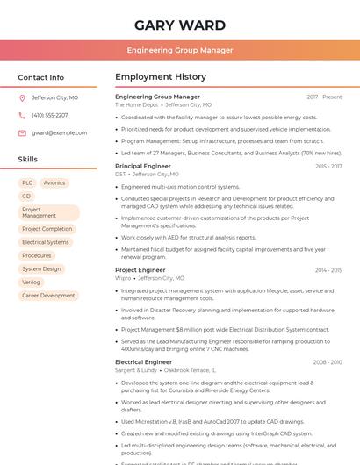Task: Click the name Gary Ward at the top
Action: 179,25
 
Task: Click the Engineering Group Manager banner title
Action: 179,51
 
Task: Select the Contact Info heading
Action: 41,77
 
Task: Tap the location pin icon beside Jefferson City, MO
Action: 22,98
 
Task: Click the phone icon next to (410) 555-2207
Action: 22,115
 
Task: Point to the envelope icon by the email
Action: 22,132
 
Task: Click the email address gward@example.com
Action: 59,132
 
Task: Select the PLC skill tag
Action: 27,183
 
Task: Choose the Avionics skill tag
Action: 54,183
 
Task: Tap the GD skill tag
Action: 26,196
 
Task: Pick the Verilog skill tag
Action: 31,283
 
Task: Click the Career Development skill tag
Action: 48,296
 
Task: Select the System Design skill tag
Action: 41,269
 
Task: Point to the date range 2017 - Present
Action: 324,97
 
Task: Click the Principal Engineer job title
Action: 143,166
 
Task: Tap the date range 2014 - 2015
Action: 328,270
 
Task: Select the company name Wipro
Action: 124,278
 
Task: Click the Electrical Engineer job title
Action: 143,361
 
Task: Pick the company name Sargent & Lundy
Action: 136,370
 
